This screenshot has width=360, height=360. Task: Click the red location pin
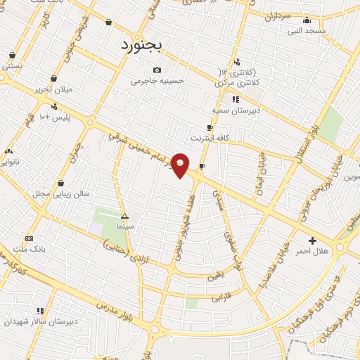click(181, 165)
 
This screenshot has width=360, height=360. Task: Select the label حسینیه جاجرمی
click(157, 81)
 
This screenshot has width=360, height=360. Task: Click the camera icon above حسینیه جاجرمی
click(156, 70)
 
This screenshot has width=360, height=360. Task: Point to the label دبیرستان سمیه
click(236, 110)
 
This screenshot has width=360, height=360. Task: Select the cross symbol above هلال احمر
click(312, 240)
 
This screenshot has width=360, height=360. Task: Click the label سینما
click(124, 227)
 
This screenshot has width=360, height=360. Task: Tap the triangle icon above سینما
click(124, 217)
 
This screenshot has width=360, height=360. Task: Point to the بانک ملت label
click(29, 249)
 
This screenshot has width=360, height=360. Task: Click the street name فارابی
click(221, 297)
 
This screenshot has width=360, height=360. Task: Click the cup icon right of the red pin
click(202, 167)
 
